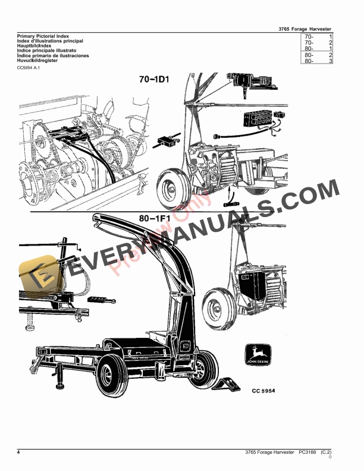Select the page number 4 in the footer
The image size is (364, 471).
point(19,454)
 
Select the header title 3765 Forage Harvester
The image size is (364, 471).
point(305,29)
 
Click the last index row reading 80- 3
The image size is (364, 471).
point(318,61)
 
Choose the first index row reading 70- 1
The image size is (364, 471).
point(318,37)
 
